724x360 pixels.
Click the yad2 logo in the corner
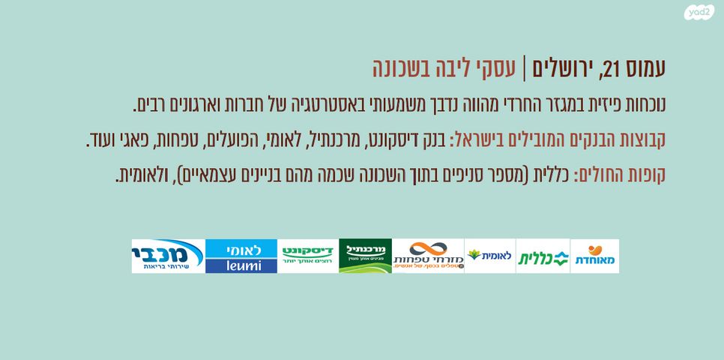[x=701, y=13]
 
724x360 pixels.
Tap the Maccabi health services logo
[x=167, y=256]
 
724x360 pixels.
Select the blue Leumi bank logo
[x=241, y=256]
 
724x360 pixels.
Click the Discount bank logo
[x=308, y=256]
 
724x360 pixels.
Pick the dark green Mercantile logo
[x=365, y=256]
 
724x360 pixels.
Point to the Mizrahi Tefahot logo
[x=428, y=256]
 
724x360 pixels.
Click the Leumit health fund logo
[x=489, y=256]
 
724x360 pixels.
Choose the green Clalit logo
[x=543, y=256]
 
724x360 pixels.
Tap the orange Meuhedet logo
[x=594, y=256]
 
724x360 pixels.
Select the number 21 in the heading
[x=613, y=70]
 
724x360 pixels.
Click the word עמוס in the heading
[x=645, y=70]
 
